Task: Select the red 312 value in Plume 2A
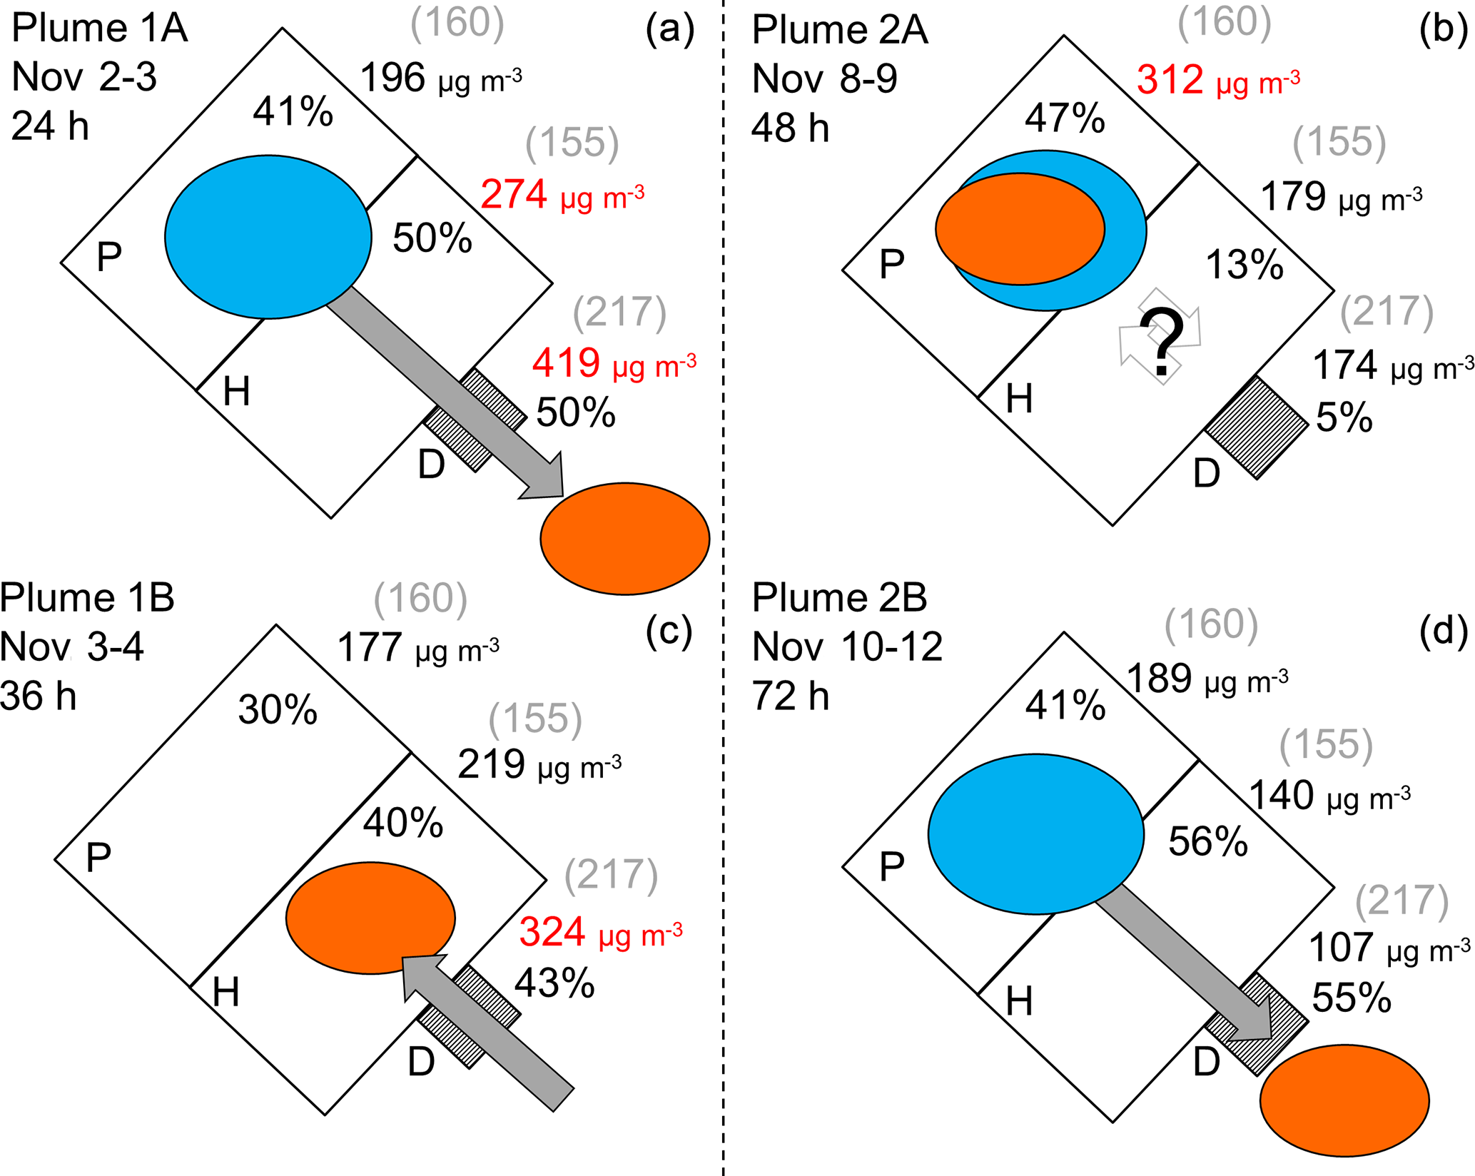[1170, 79]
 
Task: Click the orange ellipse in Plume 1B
[370, 918]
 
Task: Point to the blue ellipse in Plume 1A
[268, 237]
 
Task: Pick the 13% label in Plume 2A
[1245, 265]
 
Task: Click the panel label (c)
[669, 631]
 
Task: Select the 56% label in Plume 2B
[1208, 841]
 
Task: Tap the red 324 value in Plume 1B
[552, 932]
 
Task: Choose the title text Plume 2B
[839, 597]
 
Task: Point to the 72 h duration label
[791, 696]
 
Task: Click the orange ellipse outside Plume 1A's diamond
[625, 539]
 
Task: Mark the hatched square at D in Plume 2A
[1257, 427]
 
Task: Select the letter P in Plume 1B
[98, 857]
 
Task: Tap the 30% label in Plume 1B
[278, 710]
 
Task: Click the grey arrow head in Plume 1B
[426, 977]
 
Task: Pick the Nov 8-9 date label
[824, 78]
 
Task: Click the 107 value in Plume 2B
[1341, 948]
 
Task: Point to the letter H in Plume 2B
[1019, 1002]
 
